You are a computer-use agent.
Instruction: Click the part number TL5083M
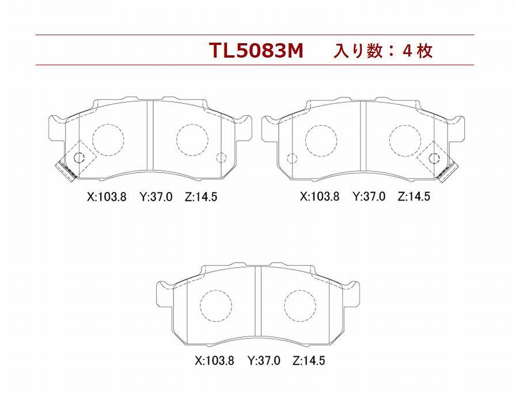coord(256,51)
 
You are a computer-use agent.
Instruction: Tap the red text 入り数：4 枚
coord(383,51)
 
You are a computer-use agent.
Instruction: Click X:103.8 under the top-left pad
coord(107,197)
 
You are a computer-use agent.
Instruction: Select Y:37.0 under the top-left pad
coord(156,197)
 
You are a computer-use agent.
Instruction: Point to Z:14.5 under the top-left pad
coord(201,197)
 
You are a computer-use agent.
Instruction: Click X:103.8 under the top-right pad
coord(319,196)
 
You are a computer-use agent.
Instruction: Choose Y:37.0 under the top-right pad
coord(369,196)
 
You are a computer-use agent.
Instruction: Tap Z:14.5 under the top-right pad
coord(413,196)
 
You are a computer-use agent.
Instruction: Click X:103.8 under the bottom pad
coord(214,361)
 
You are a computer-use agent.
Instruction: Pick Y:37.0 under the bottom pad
coord(264,361)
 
